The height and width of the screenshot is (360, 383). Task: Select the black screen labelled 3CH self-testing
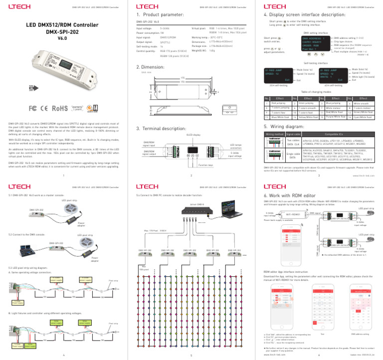click(x=279, y=75)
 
